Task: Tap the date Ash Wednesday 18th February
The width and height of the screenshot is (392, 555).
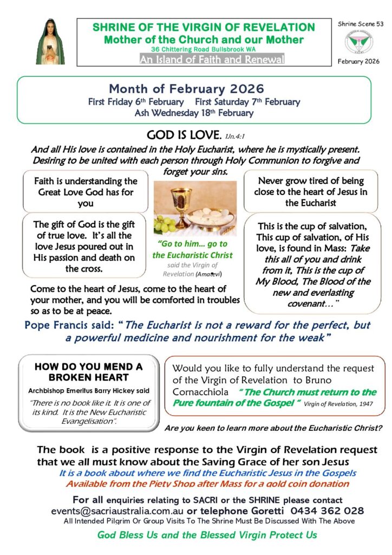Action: (x=194, y=113)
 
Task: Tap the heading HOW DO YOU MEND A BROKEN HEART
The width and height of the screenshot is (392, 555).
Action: (x=89, y=372)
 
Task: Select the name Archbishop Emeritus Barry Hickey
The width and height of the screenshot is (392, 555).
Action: (x=89, y=391)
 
